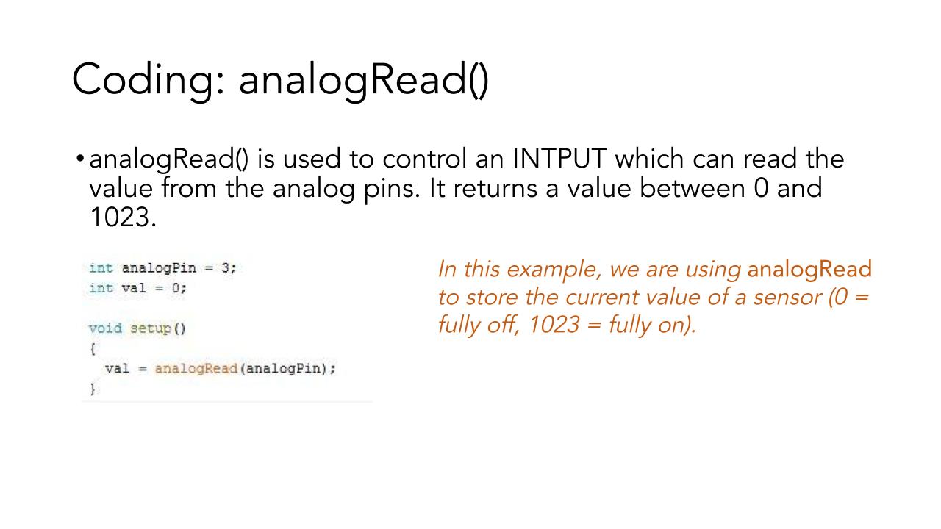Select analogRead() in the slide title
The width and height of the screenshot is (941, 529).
click(364, 80)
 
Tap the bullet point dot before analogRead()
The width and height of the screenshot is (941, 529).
click(80, 159)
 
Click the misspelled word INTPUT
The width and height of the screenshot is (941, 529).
click(559, 159)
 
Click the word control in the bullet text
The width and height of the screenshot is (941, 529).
click(425, 159)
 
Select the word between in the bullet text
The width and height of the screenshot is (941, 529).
click(693, 188)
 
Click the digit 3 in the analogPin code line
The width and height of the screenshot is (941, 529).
click(226, 268)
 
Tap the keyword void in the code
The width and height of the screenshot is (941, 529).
click(105, 328)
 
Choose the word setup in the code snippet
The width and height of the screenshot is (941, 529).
click(151, 328)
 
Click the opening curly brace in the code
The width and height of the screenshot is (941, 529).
click(93, 348)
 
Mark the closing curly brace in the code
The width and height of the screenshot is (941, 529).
click(93, 389)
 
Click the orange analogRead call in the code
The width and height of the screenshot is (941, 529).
click(196, 369)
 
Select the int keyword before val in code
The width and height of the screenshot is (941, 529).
click(101, 288)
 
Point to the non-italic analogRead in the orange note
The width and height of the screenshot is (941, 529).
click(809, 269)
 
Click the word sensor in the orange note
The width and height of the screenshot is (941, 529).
click(787, 298)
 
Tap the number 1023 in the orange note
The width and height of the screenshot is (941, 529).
click(554, 325)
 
